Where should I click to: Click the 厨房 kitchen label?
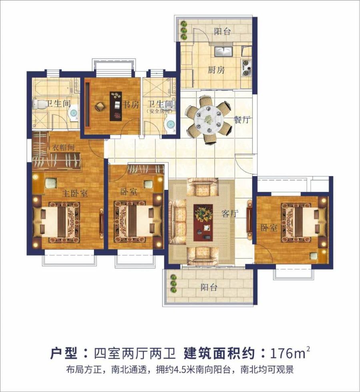[x=216, y=70]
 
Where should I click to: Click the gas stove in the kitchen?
[x=246, y=68]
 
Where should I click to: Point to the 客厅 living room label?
[x=230, y=214]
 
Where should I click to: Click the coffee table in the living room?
[x=203, y=223]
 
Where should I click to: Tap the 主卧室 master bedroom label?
[x=75, y=193]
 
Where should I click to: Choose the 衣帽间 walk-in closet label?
[x=63, y=147]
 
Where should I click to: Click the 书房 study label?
[x=131, y=104]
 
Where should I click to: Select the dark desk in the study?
[x=116, y=106]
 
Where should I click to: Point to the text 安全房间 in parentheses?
[x=160, y=111]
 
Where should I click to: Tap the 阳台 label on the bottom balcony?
[x=209, y=287]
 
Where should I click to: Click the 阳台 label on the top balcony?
[x=222, y=32]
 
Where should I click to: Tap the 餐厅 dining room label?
[x=242, y=120]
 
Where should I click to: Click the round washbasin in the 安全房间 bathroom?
[x=171, y=124]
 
